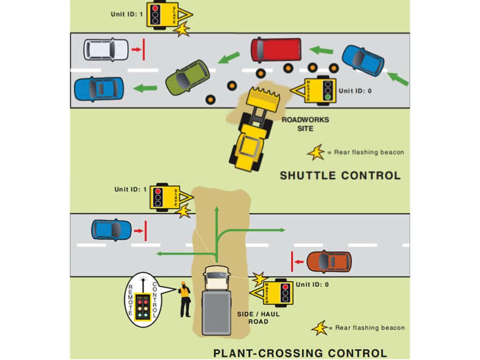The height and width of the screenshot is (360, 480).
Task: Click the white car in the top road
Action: tap(106, 50)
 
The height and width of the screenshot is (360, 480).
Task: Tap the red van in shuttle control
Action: tap(276, 50)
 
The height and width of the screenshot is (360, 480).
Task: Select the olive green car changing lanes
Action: tap(187, 77)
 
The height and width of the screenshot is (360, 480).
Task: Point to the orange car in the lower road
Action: tap(329, 262)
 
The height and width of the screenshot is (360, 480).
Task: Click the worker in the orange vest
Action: tap(185, 299)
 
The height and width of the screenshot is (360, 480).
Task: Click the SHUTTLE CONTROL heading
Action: tap(340, 176)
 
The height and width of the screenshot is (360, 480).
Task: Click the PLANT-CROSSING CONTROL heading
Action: tap(300, 353)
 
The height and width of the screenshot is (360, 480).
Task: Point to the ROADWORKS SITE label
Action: tap(305, 123)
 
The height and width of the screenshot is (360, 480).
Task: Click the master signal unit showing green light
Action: tap(322, 89)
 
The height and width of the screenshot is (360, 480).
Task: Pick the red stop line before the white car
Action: tap(143, 50)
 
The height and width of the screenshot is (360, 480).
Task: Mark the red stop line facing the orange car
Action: tap(292, 262)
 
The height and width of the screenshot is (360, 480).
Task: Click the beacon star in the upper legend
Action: tap(315, 152)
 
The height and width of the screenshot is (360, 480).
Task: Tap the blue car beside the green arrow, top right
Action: tap(363, 60)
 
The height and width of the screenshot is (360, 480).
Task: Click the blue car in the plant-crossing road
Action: tap(112, 229)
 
